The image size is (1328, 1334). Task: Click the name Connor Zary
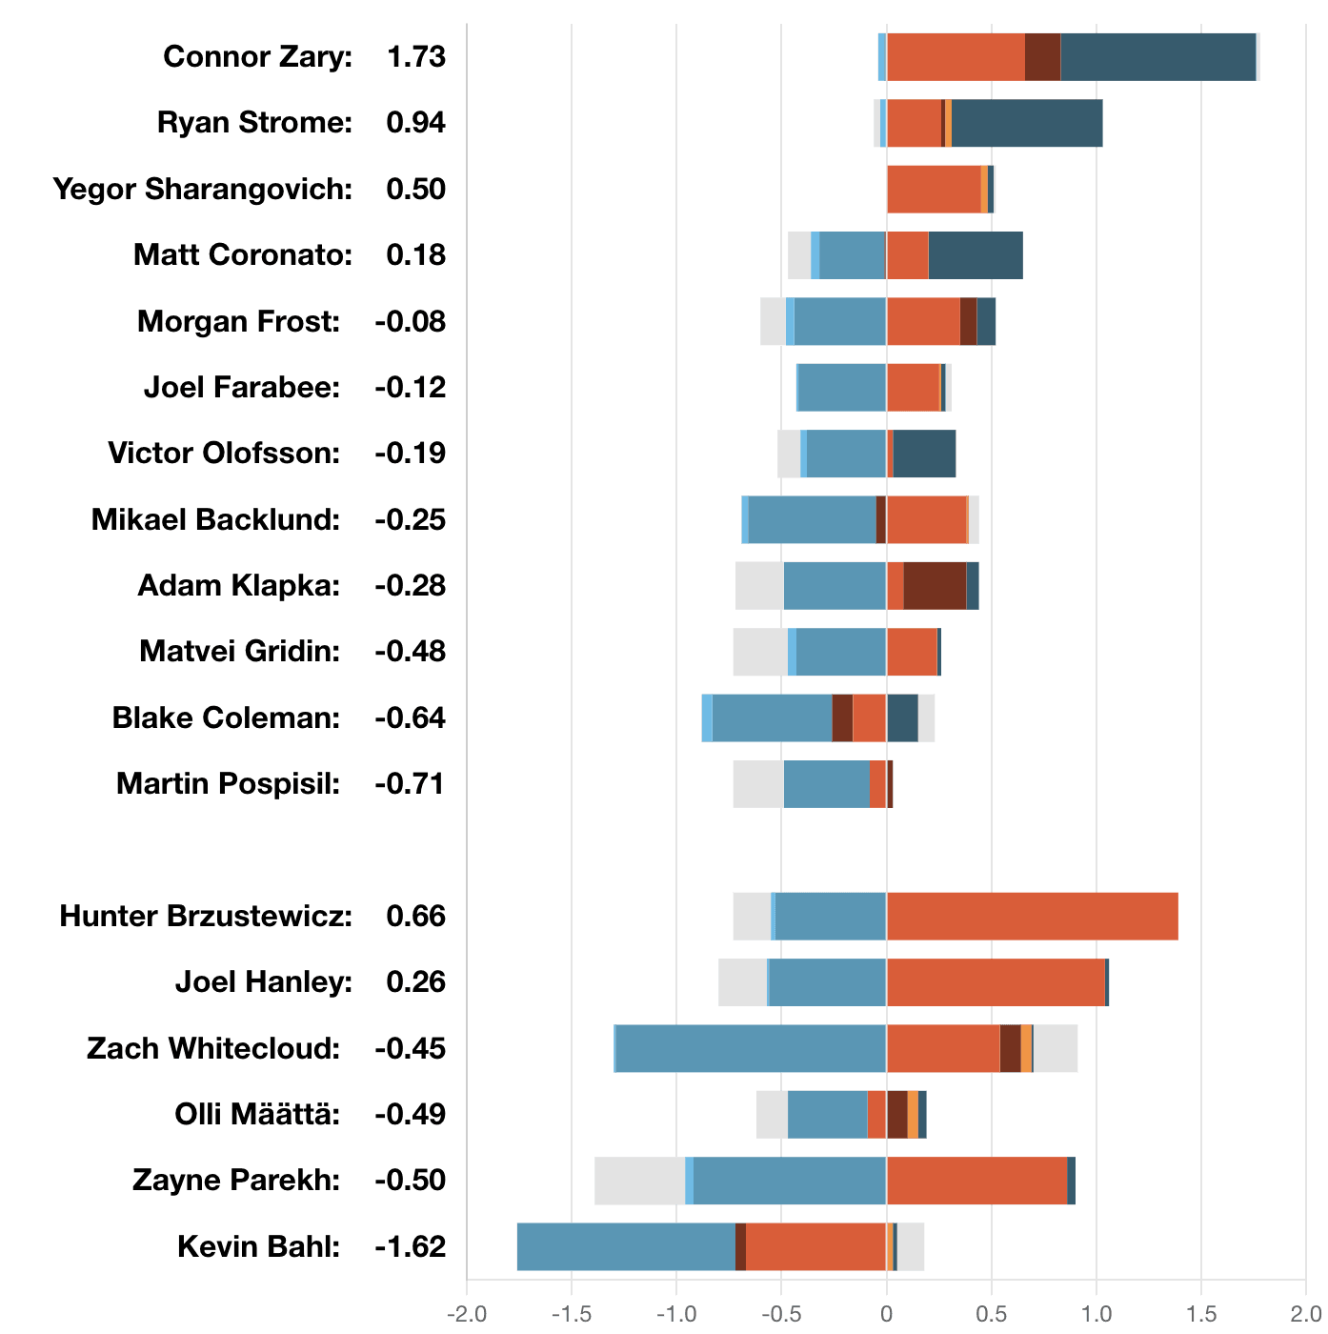click(x=257, y=57)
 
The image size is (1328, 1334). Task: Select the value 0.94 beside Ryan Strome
click(x=415, y=123)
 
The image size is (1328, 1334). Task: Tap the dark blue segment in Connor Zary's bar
click(x=1157, y=57)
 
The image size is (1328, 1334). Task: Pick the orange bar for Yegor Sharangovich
click(x=934, y=189)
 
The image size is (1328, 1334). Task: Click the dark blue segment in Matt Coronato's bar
click(x=976, y=255)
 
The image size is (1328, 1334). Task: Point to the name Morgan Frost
click(x=238, y=322)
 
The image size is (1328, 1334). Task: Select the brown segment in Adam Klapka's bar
click(x=935, y=585)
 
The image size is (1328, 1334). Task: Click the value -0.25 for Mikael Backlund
click(x=410, y=520)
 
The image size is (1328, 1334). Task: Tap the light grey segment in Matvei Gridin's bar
click(x=759, y=652)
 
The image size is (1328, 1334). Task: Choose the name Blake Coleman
click(x=226, y=718)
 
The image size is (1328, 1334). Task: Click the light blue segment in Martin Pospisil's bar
click(x=826, y=784)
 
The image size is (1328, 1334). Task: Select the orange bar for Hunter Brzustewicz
click(x=1032, y=917)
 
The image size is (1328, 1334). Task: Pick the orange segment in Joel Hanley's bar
click(x=996, y=982)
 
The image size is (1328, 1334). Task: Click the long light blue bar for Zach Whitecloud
click(x=751, y=1048)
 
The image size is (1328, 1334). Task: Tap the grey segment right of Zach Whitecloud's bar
click(x=1056, y=1048)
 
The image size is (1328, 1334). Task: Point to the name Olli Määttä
click(x=257, y=1115)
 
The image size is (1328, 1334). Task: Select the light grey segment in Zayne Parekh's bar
click(x=639, y=1181)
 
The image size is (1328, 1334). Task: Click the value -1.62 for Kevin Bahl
click(x=410, y=1247)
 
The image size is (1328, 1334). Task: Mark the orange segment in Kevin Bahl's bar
click(x=815, y=1246)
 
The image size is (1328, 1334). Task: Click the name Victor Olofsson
click(x=224, y=454)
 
